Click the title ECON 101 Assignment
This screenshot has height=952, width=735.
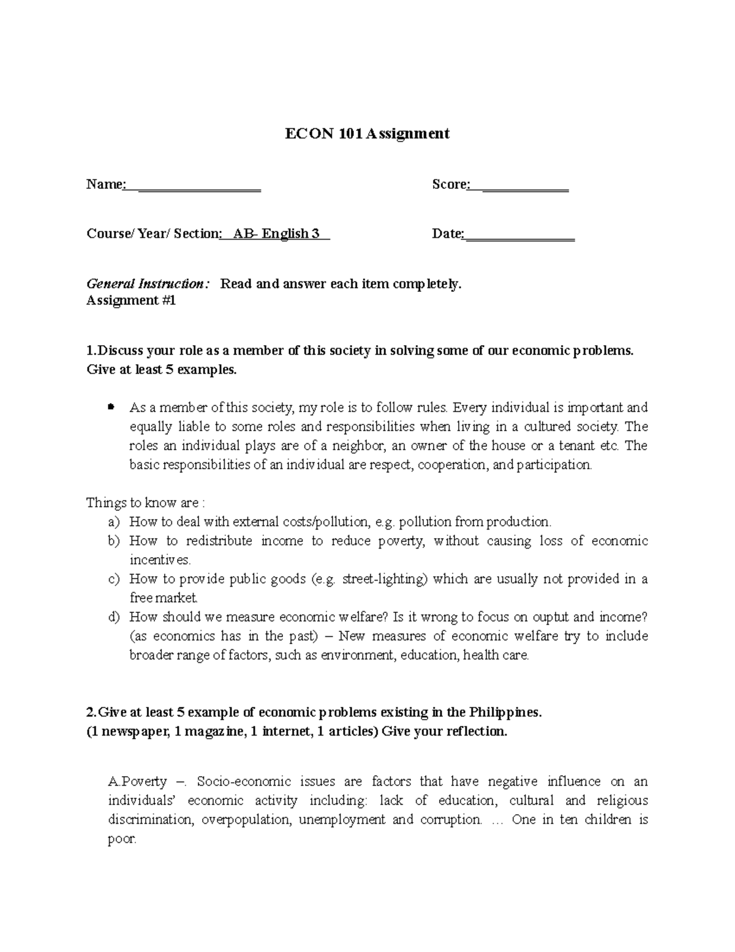click(x=367, y=134)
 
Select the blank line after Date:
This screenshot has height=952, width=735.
click(x=519, y=235)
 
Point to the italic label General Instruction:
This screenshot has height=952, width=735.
click(x=148, y=284)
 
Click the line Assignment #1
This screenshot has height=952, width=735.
click(x=131, y=301)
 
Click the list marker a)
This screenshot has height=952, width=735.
click(x=113, y=522)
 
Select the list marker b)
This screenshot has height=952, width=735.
click(x=113, y=541)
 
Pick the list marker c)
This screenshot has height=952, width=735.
click(x=113, y=579)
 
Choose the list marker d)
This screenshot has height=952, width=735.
click(x=113, y=617)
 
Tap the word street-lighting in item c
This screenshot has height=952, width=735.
click(x=384, y=579)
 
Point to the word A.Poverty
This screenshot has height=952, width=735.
click(x=137, y=782)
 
